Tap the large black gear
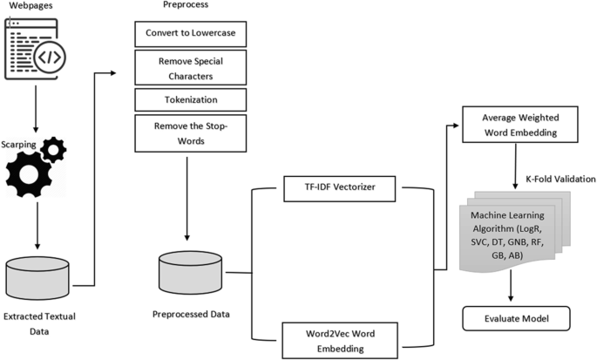pyautogui.click(x=33, y=178)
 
